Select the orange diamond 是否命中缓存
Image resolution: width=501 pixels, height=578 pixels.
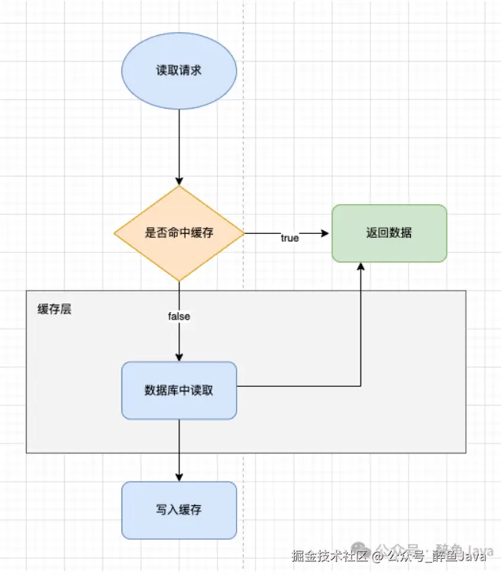179,233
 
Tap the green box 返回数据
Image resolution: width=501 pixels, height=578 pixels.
389,233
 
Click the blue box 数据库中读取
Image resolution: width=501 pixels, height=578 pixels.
179,390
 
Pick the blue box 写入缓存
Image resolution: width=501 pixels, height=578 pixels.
179,510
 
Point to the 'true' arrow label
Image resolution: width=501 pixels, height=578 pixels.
289,239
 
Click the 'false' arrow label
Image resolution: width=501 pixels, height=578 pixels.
179,316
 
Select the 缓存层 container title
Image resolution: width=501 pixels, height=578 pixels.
54,310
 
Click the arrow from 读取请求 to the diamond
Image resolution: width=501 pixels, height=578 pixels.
179,145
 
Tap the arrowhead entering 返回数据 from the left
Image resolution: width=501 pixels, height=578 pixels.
326,233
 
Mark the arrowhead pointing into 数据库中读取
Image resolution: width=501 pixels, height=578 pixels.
179,357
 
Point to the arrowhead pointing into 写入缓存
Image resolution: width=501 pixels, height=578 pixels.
179,476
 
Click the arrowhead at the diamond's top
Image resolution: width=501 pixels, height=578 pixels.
179,180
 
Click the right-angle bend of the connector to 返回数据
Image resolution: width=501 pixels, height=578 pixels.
360,386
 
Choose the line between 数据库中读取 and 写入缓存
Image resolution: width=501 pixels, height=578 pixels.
179,447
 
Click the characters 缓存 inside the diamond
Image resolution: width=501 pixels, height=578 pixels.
201,233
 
